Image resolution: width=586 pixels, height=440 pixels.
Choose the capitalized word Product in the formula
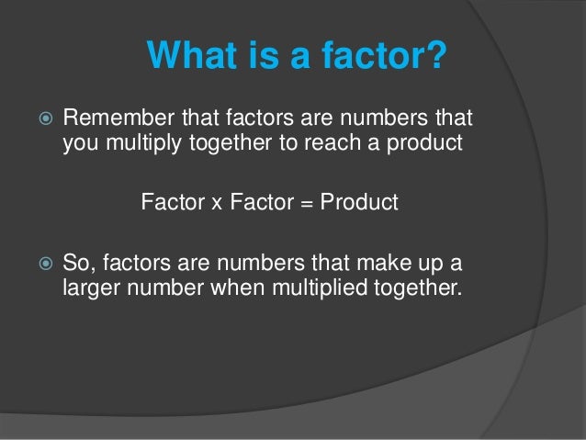[x=360, y=202]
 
